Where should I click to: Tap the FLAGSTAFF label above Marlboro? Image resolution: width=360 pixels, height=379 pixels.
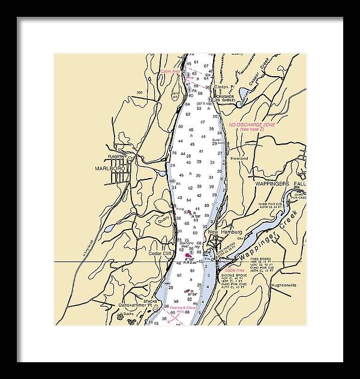[x=118, y=157]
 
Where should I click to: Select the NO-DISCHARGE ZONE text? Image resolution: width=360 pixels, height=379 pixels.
[x=251, y=124]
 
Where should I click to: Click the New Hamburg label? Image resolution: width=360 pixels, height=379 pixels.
[x=224, y=231]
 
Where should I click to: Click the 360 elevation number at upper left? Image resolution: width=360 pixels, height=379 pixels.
[x=139, y=92]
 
